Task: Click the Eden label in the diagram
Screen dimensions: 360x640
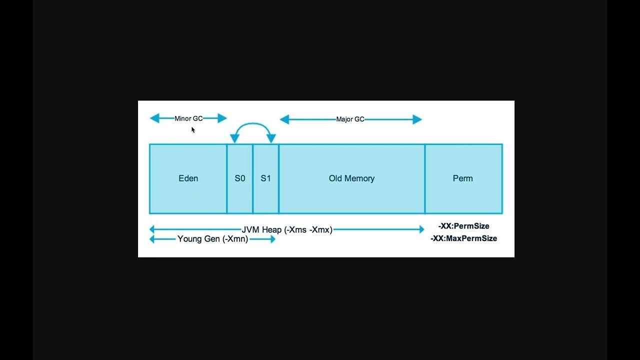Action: point(188,178)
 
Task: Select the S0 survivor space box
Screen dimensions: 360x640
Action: point(240,178)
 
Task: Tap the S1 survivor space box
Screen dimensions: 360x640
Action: point(265,178)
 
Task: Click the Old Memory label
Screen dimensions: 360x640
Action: point(351,178)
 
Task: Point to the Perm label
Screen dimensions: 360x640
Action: point(462,178)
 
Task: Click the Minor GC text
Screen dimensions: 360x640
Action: point(188,118)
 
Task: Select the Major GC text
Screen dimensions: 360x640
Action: point(350,119)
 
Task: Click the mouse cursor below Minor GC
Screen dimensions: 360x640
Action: point(193,130)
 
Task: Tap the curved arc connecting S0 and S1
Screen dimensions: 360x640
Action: point(252,124)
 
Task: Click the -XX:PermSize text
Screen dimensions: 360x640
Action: point(463,226)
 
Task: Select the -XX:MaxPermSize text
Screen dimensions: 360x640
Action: point(463,238)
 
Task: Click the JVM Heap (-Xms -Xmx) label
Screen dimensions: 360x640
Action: point(287,229)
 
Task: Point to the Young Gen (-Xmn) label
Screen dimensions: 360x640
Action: point(212,239)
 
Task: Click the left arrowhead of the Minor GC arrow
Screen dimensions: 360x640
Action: point(154,118)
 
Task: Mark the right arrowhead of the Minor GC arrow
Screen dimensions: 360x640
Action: point(222,118)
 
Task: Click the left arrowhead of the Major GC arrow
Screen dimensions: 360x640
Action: point(284,119)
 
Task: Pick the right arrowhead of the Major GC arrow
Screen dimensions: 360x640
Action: point(417,119)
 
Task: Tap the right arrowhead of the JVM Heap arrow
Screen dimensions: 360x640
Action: point(421,229)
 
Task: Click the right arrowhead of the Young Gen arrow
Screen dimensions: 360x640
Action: point(272,239)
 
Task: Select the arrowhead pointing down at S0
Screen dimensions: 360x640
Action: point(234,138)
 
